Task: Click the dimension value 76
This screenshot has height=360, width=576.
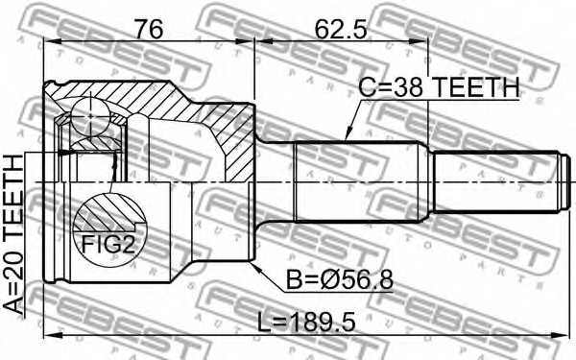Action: (x=149, y=30)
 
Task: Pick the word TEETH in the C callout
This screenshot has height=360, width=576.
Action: (x=475, y=88)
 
